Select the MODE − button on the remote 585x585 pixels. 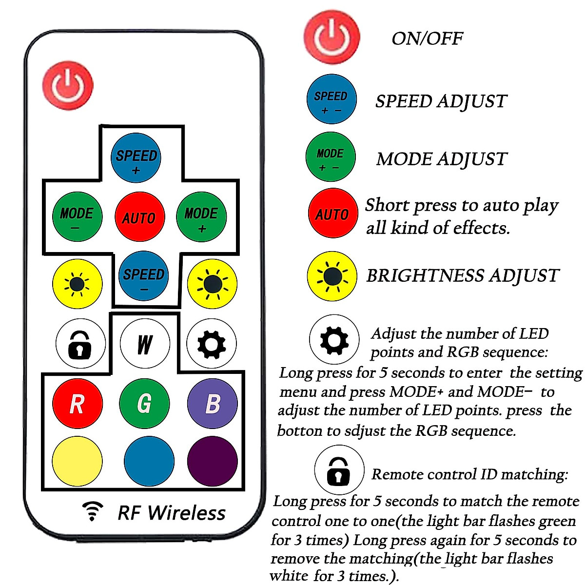(x=77, y=217)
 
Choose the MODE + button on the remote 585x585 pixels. (x=201, y=217)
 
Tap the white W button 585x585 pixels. (x=145, y=344)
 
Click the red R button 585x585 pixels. (x=77, y=404)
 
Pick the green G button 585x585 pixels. (x=144, y=404)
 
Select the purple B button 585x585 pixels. (x=213, y=404)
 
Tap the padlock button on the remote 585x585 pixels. (x=80, y=344)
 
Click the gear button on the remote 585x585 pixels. (x=212, y=344)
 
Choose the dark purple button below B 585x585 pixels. (x=213, y=461)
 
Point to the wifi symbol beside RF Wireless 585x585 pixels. (x=92, y=511)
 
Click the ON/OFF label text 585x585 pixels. (x=427, y=39)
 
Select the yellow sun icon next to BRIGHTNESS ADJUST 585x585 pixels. (x=332, y=276)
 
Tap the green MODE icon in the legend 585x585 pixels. (x=331, y=157)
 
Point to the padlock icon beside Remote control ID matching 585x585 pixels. (x=339, y=471)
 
